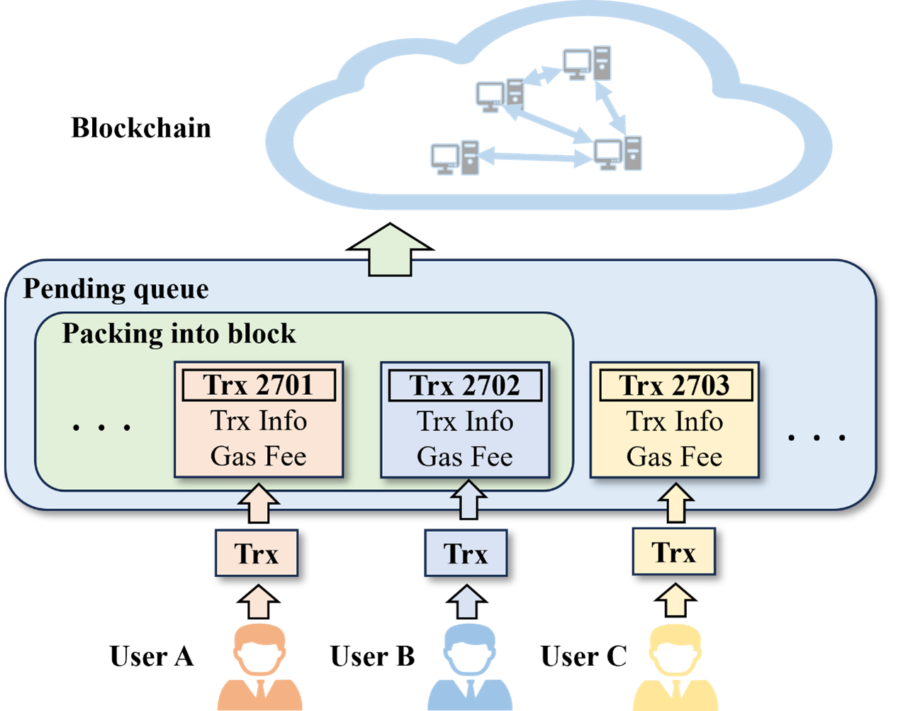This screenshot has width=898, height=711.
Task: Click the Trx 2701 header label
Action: [x=259, y=386]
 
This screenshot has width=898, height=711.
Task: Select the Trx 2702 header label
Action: [x=465, y=386]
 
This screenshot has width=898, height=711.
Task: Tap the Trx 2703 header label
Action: [x=675, y=386]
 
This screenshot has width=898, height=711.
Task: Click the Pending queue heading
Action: [x=116, y=289]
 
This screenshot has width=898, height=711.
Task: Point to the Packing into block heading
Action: [x=179, y=334]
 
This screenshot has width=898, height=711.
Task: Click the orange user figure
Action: [x=260, y=666]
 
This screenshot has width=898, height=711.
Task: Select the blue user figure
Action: [x=469, y=666]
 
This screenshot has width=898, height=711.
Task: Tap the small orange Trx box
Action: [x=256, y=554]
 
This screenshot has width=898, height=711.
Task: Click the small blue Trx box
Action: [x=466, y=554]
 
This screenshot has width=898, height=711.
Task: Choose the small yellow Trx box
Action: [x=673, y=552]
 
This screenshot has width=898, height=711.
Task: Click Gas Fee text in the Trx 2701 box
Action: [x=259, y=457]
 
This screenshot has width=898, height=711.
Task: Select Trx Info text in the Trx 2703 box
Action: [x=675, y=422]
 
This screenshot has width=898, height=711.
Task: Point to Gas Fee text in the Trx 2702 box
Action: [x=465, y=457]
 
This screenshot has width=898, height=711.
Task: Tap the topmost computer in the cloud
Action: [x=588, y=63]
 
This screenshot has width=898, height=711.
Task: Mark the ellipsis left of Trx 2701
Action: [x=102, y=427]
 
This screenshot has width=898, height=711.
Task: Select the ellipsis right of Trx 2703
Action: [x=817, y=437]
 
